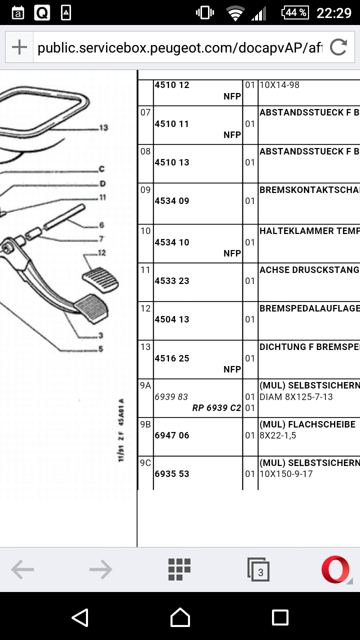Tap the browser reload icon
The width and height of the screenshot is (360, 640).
click(x=338, y=47)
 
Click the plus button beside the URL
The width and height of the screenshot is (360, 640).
click(x=19, y=47)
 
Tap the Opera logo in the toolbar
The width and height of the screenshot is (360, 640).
click(x=335, y=569)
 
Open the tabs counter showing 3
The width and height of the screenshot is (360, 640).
click(x=258, y=570)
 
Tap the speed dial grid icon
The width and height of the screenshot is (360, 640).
click(x=179, y=569)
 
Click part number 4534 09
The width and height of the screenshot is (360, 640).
click(x=172, y=201)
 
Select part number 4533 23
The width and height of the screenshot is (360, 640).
click(x=172, y=281)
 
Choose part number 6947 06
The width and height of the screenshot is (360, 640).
click(x=172, y=435)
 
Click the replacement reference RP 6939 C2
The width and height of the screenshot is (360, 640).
click(x=216, y=408)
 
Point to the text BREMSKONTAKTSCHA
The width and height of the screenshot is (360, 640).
click(x=309, y=190)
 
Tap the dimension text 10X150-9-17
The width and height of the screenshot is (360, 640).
click(x=286, y=473)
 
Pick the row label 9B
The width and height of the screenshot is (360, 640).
click(x=145, y=424)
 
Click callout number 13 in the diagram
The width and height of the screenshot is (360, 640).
click(x=103, y=128)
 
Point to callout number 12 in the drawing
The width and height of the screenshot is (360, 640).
click(x=101, y=253)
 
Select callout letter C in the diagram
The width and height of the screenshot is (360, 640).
click(x=101, y=169)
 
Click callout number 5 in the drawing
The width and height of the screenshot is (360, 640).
click(x=100, y=349)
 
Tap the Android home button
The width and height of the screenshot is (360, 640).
click(x=180, y=617)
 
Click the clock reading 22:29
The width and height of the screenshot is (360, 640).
click(x=334, y=13)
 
